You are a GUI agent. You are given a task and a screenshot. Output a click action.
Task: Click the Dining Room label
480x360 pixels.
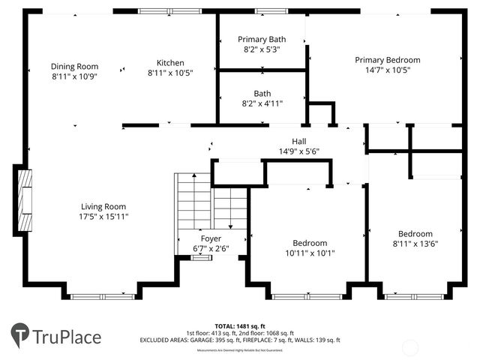click(74, 66)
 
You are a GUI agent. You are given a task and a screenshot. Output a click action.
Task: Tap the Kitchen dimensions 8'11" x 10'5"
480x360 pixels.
click(170, 73)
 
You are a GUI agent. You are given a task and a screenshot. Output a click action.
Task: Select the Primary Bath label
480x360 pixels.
click(262, 39)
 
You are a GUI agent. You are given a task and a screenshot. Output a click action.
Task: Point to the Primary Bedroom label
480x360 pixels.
click(387, 59)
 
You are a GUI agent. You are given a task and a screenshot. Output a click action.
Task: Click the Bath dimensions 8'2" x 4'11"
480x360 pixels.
click(262, 103)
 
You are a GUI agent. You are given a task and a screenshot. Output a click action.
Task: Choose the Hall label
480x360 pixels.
click(298, 141)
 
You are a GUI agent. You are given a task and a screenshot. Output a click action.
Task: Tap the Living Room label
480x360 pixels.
click(103, 206)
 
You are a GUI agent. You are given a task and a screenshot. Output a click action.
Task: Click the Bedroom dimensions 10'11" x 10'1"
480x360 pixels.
click(309, 253)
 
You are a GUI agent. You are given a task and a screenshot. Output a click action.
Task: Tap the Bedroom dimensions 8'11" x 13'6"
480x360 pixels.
click(415, 244)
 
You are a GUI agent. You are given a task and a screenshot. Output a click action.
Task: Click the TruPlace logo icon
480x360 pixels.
click(20, 334)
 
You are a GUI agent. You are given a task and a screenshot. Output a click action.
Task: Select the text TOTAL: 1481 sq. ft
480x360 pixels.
click(240, 325)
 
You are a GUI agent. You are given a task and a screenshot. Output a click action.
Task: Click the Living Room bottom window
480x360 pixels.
click(102, 297)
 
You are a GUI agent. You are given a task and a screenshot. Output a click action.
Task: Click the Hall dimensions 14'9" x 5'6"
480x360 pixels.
click(298, 151)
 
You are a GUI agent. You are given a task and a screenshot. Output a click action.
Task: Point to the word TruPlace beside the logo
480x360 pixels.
click(67, 336)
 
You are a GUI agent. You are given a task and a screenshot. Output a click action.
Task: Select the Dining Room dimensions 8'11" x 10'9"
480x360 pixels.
click(74, 76)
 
